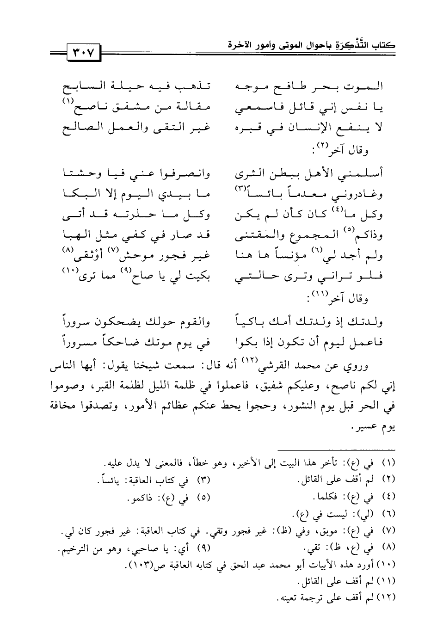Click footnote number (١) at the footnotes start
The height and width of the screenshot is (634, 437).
point(390,463)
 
